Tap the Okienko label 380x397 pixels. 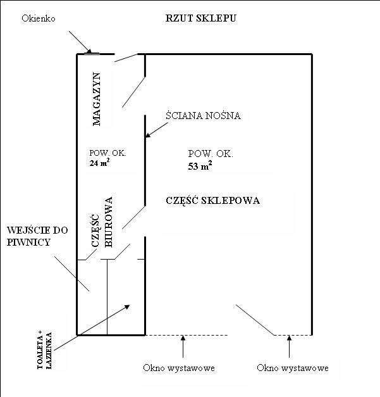(x=38, y=18)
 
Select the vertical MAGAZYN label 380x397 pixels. (x=97, y=98)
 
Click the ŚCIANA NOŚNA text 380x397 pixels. (x=203, y=116)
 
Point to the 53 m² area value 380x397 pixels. (x=200, y=167)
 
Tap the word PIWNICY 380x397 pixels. (x=30, y=241)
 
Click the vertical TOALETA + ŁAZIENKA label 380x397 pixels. (x=44, y=350)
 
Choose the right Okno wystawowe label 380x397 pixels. (x=292, y=368)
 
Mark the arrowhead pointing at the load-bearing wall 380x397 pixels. (x=148, y=134)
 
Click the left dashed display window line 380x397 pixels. (x=187, y=334)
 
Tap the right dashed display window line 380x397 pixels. (x=292, y=334)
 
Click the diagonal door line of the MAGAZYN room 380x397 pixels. (x=135, y=92)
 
